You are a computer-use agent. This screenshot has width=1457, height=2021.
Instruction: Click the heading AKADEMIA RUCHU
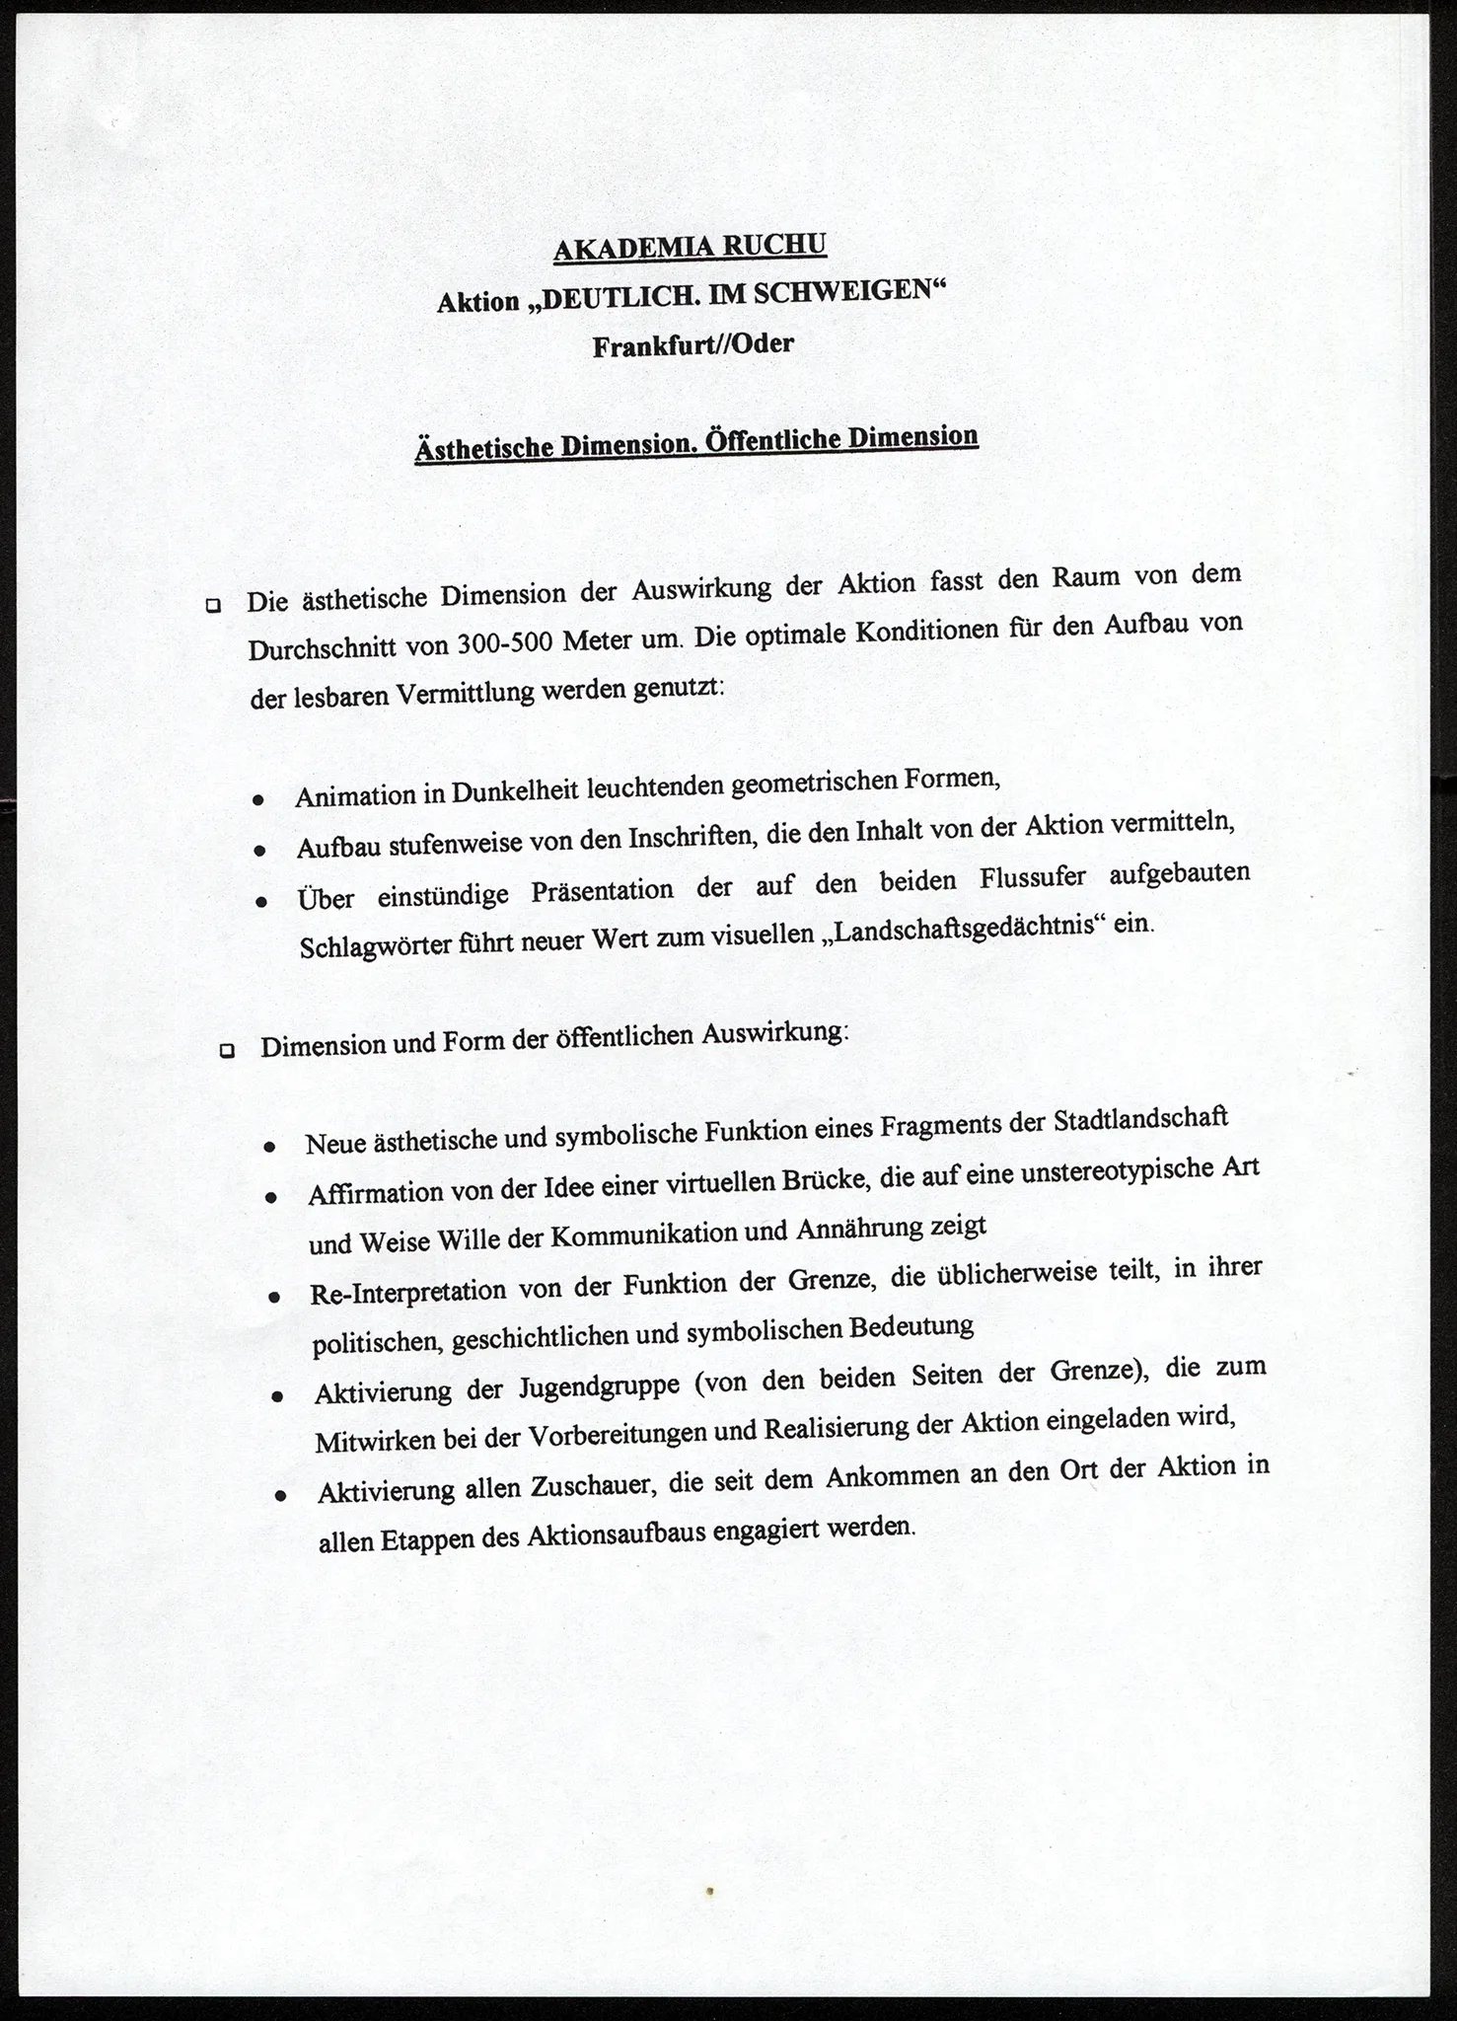point(690,247)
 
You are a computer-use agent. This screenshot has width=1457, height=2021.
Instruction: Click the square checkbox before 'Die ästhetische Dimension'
point(213,605)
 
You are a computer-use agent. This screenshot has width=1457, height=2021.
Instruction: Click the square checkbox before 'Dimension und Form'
point(227,1051)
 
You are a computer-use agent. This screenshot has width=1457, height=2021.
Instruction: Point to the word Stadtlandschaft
point(1140,1120)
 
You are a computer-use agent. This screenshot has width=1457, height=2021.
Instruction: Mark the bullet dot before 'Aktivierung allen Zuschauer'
point(281,1496)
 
